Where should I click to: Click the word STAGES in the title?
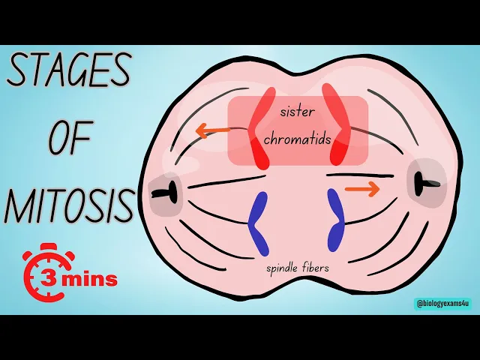click(69, 70)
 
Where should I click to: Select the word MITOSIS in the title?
click(69, 205)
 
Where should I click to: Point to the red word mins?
click(89, 280)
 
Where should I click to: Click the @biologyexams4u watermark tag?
click(442, 304)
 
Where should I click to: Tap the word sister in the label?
click(297, 112)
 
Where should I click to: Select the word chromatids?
click(298, 139)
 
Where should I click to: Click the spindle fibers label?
click(298, 268)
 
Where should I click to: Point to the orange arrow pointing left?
click(213, 130)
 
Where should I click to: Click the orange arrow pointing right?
click(362, 189)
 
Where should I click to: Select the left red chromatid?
click(259, 128)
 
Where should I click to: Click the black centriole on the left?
click(165, 193)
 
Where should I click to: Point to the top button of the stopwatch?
click(48, 247)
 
